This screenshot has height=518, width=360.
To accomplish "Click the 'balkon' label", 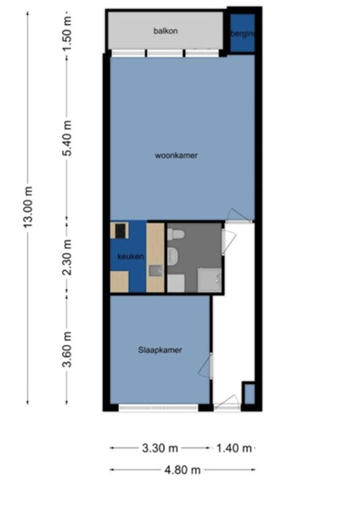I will click(165, 31).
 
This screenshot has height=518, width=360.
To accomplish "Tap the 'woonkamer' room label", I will click(176, 155).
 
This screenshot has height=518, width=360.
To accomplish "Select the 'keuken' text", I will click(130, 257).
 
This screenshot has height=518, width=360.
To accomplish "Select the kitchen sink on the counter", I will click(155, 271).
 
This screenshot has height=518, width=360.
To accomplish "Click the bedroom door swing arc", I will click(205, 367).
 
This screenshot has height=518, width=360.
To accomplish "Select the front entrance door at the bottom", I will click(227, 403).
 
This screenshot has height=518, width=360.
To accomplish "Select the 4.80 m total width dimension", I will click(182, 470).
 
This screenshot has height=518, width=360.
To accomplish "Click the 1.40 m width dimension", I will click(234, 448).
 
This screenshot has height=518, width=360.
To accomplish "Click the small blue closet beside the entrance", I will click(249, 393).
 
